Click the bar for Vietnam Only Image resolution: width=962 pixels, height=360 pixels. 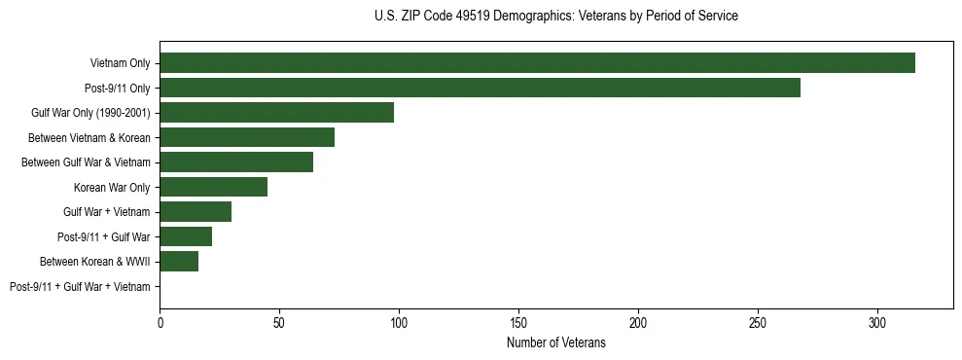click(x=537, y=63)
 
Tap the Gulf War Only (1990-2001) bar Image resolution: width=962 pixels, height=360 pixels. click(x=276, y=113)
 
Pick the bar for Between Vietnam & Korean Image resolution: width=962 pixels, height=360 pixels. click(x=247, y=137)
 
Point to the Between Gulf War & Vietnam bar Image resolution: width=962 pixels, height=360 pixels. click(x=236, y=162)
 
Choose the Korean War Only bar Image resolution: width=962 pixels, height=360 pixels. click(x=213, y=187)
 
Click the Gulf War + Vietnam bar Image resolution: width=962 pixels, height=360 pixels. click(x=196, y=212)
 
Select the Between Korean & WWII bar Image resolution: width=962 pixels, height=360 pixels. click(x=179, y=262)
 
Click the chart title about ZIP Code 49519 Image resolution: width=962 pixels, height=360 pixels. click(x=555, y=17)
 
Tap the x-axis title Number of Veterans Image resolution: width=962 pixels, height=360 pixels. click(x=556, y=343)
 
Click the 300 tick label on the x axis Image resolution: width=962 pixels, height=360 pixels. click(x=877, y=322)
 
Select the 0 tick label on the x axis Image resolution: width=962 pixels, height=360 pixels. click(x=160, y=322)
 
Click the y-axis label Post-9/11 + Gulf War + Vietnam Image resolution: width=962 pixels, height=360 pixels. click(x=80, y=287)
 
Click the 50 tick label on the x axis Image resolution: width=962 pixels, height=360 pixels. click(x=279, y=322)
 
